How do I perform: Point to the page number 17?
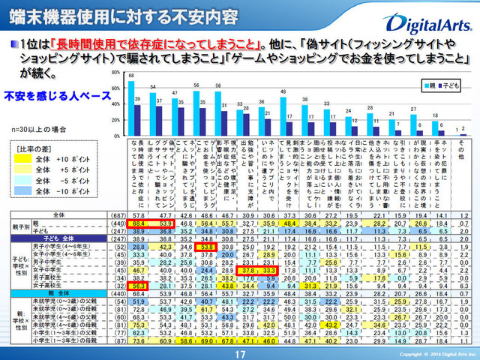(240, 353)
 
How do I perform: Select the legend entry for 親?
(434, 86)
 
